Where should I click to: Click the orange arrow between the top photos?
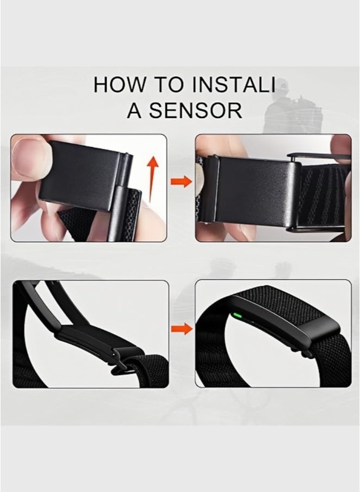tap(181, 182)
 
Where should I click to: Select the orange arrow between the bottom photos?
tap(181, 328)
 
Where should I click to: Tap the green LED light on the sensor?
tap(237, 314)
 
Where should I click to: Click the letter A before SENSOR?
tap(134, 110)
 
